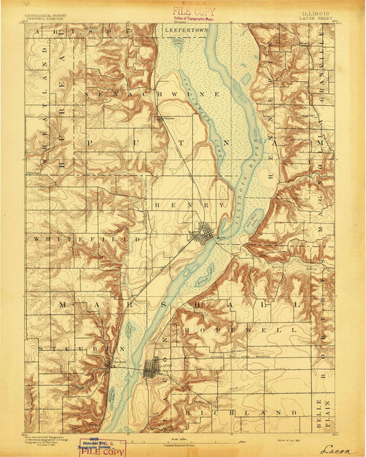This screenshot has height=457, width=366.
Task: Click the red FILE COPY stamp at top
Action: [x=193, y=12]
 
